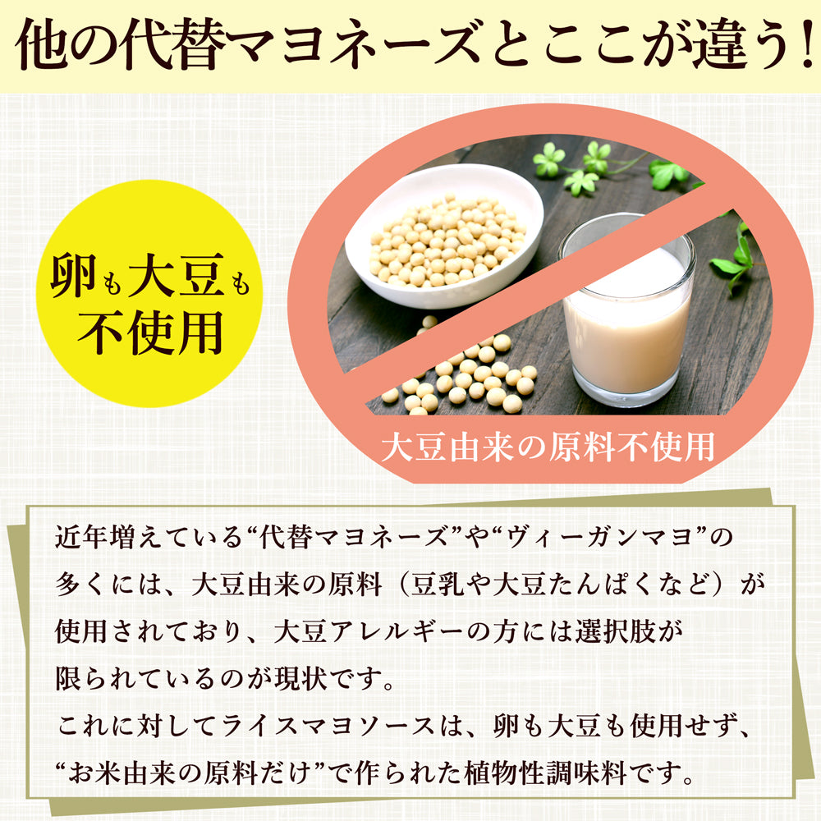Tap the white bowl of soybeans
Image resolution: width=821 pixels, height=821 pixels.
click(444, 237)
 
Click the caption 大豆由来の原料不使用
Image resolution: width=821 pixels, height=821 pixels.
click(548, 447)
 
